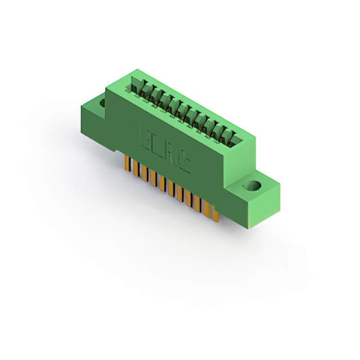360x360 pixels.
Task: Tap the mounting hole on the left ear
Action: (102, 104)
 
